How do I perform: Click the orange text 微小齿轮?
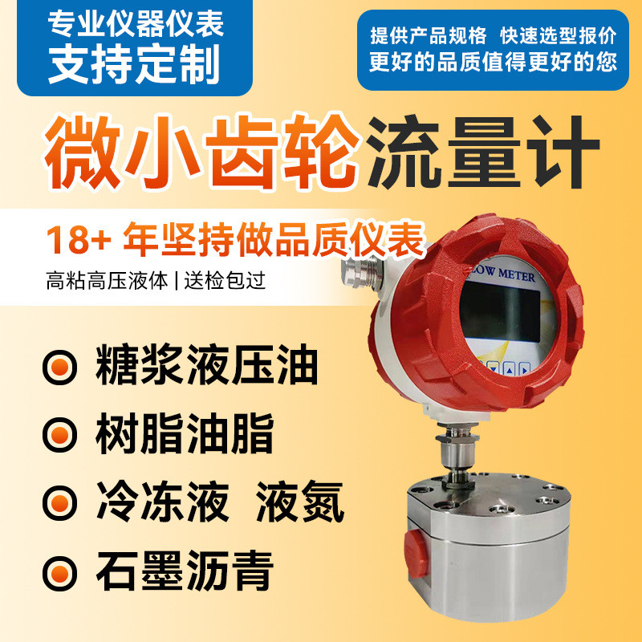(201, 150)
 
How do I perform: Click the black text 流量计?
(482, 150)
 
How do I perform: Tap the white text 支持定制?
(134, 65)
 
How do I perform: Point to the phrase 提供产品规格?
(429, 36)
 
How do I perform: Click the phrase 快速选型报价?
(558, 36)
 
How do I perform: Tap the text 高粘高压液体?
(108, 282)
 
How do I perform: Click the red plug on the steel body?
(415, 547)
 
